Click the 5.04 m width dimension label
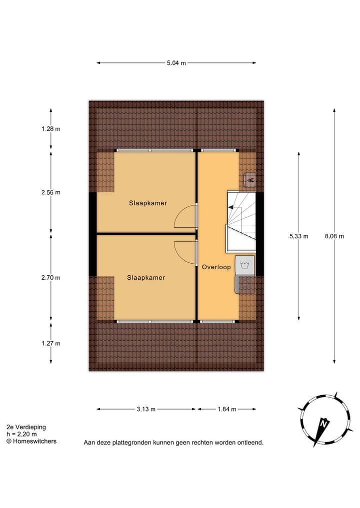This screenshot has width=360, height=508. tap(176, 63)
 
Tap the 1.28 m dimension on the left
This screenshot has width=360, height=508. tap(51, 129)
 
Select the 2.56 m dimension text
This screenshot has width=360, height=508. tap(51, 193)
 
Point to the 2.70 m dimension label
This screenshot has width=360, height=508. tap(51, 278)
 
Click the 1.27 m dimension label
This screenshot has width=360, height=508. tap(51, 343)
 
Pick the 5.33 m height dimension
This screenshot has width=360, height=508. tap(298, 236)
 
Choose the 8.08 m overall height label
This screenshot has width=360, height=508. tap(334, 236)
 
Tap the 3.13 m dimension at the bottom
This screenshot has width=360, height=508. tap(146, 409)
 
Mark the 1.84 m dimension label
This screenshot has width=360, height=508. tap(226, 409)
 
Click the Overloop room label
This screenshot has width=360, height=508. tap(216, 267)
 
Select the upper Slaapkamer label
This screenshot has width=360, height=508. tap(147, 203)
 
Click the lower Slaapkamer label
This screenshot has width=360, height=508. tap(145, 278)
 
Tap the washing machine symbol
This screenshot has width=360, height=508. tap(244, 265)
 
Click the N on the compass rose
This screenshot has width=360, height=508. tap(323, 424)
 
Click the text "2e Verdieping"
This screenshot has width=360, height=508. tap(26, 427)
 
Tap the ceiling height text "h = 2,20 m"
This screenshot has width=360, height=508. tap(21, 434)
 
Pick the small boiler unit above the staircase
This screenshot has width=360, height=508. tap(250, 179)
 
